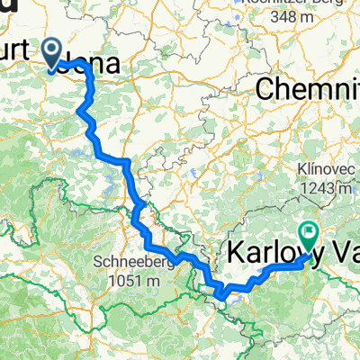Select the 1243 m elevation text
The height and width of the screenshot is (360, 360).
328,187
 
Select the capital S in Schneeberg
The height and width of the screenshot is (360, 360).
96,262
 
